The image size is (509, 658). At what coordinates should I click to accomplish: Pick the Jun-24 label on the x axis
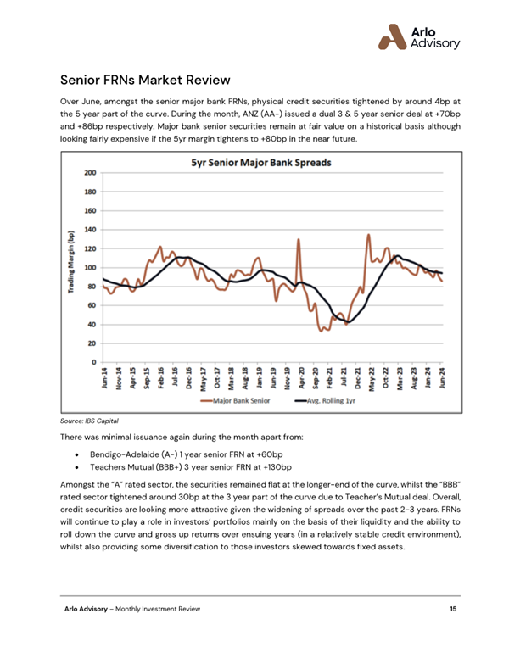[441, 378]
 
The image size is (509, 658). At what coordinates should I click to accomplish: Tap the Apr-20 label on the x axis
[300, 378]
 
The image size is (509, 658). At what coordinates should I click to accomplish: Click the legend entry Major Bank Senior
[238, 399]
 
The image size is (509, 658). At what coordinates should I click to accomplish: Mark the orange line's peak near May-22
[368, 235]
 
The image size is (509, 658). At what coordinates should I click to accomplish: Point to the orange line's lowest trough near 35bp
[322, 330]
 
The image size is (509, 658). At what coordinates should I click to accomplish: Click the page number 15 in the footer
[454, 609]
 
